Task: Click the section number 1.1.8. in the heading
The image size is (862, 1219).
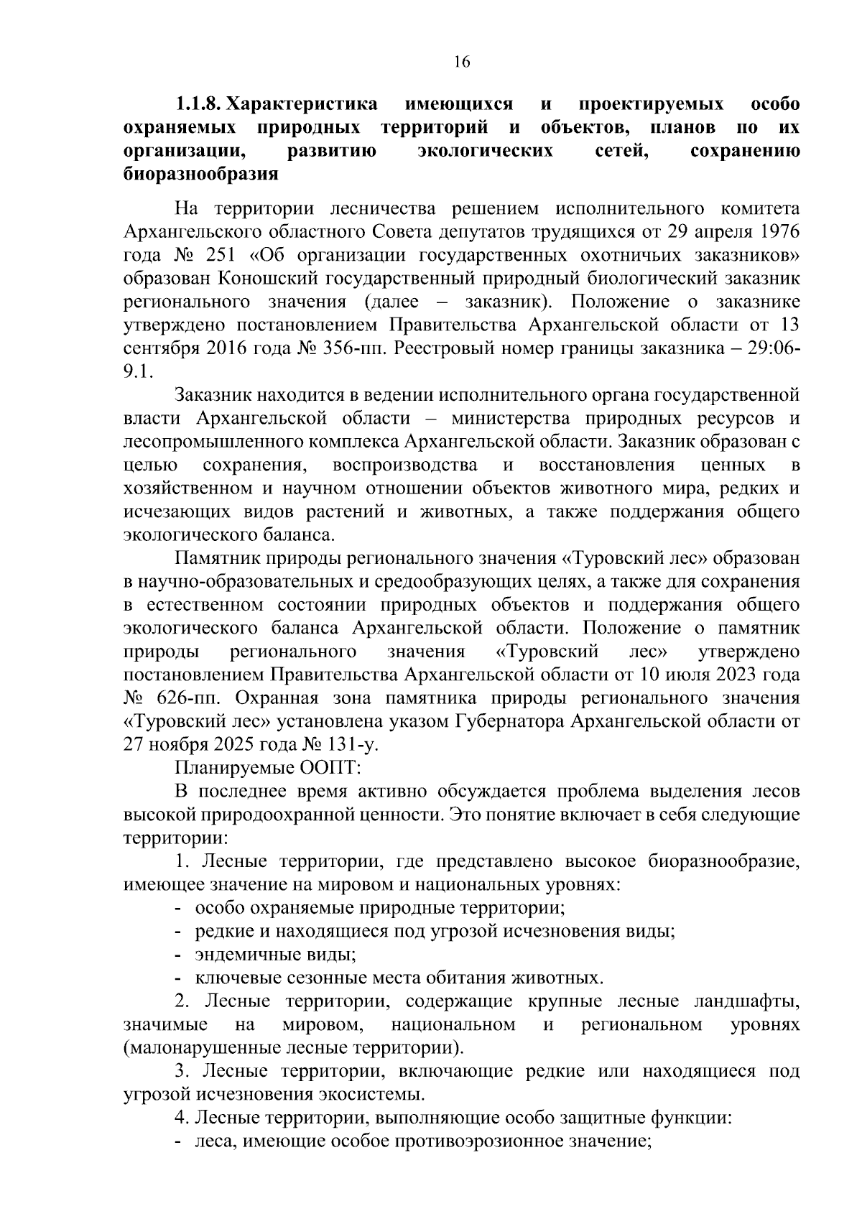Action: (199, 105)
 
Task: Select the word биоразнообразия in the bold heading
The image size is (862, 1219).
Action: (200, 175)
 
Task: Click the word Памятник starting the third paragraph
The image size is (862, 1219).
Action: (213, 558)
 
